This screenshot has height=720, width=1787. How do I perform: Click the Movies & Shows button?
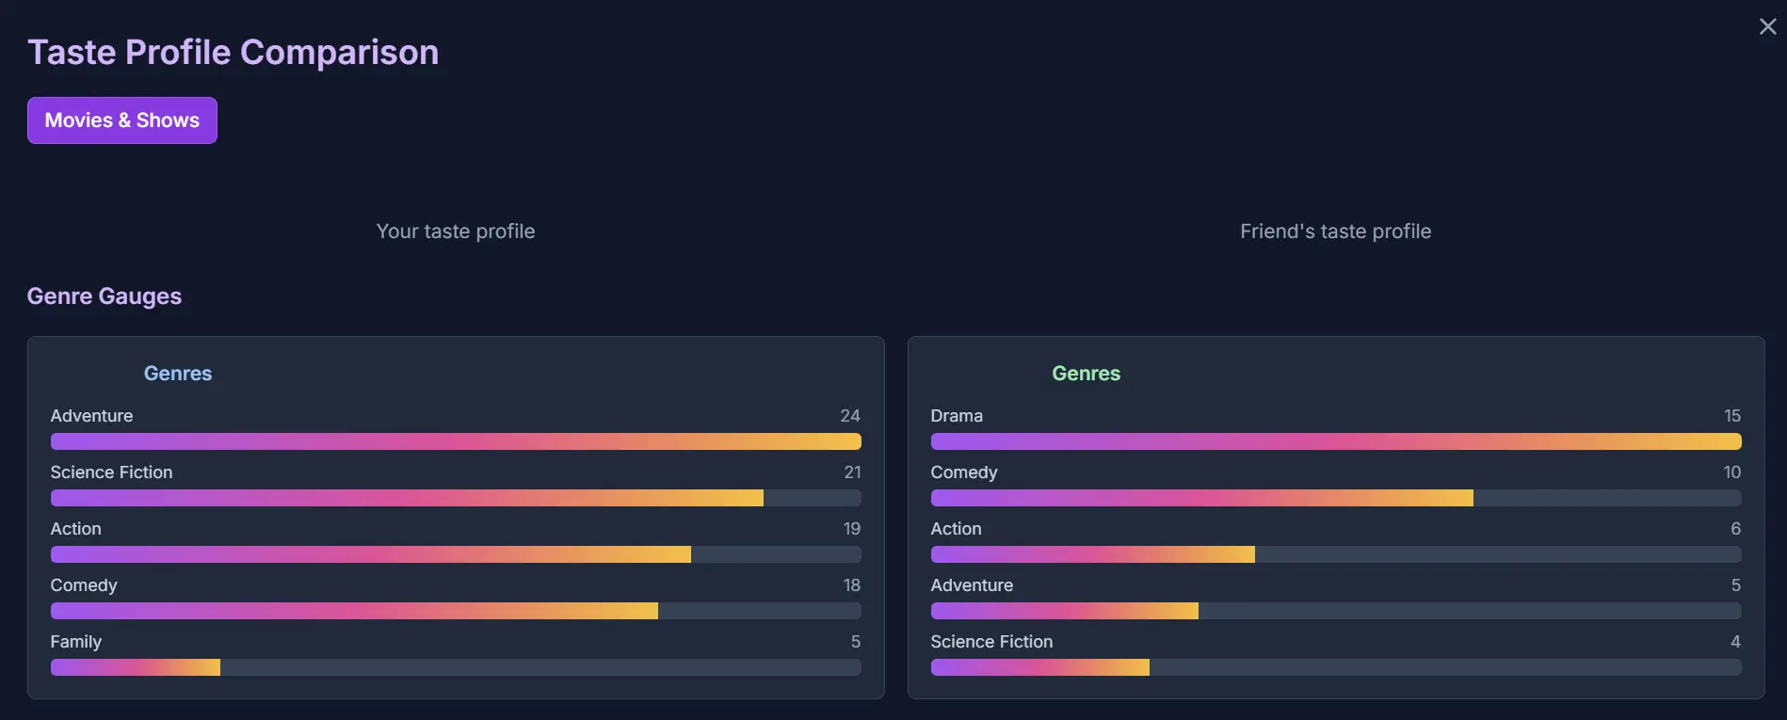point(122,120)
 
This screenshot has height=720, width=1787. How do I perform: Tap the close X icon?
point(1767,27)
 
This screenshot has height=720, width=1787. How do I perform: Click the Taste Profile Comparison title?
point(233,53)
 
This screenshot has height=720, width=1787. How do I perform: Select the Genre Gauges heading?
point(105,296)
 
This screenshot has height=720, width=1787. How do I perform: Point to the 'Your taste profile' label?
point(456,232)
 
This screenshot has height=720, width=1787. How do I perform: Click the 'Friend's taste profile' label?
point(1335,232)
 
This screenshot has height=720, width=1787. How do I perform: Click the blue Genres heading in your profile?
point(178,374)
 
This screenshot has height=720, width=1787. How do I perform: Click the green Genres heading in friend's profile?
point(1086,374)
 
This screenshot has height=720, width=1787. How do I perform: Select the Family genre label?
point(76,642)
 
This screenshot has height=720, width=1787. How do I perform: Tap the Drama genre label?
point(957,416)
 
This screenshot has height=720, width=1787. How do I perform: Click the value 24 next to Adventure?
point(849,416)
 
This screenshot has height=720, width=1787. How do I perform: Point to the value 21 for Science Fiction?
point(852,472)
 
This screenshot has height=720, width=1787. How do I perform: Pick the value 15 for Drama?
point(1731,416)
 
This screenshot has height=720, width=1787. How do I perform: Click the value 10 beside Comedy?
point(1731,472)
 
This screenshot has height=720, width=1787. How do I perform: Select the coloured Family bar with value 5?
point(136,667)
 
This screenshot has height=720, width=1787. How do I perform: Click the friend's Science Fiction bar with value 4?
point(1039,667)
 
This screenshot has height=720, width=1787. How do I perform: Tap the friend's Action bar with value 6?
point(1092,554)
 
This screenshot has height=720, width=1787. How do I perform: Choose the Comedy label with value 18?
point(84,585)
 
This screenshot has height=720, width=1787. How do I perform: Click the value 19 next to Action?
point(851,529)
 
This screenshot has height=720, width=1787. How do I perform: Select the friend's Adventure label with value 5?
point(972,585)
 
